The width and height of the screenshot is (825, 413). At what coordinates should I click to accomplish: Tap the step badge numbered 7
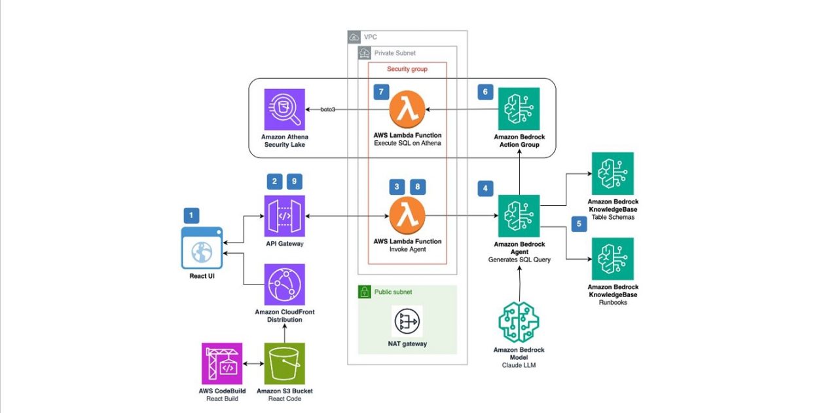382,92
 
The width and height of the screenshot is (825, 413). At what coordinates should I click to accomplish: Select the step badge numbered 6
485,92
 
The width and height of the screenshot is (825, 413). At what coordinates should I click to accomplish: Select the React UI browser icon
202,248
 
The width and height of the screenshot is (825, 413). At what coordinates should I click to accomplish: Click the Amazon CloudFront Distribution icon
285,285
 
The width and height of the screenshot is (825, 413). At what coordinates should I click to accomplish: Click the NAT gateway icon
407,322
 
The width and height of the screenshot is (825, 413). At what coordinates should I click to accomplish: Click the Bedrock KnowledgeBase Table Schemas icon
612,173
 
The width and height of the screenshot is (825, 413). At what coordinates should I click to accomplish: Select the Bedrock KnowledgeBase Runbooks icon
612,259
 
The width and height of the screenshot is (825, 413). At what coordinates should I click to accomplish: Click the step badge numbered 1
191,214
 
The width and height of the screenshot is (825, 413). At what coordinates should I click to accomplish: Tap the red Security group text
407,69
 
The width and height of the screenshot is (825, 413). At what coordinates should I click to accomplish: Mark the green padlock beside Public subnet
365,292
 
